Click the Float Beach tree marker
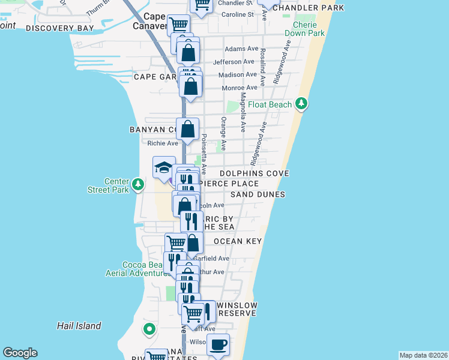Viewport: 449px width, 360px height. pos(301,104)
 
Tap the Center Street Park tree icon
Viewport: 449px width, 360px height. pos(139,184)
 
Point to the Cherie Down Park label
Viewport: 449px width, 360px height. pos(309,29)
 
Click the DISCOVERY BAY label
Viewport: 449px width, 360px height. pos(60,28)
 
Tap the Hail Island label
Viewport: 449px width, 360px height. pos(79,326)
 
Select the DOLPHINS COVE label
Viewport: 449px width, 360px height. pos(255,173)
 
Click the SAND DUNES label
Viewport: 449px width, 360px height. pos(258,195)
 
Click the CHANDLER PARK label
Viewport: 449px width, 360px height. pos(309,8)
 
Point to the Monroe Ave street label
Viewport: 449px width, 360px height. pos(240,88)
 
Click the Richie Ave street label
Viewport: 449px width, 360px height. pos(163,143)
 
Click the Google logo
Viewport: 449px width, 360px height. pos(20,353)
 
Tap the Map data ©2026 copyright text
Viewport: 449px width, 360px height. pos(423,355)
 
